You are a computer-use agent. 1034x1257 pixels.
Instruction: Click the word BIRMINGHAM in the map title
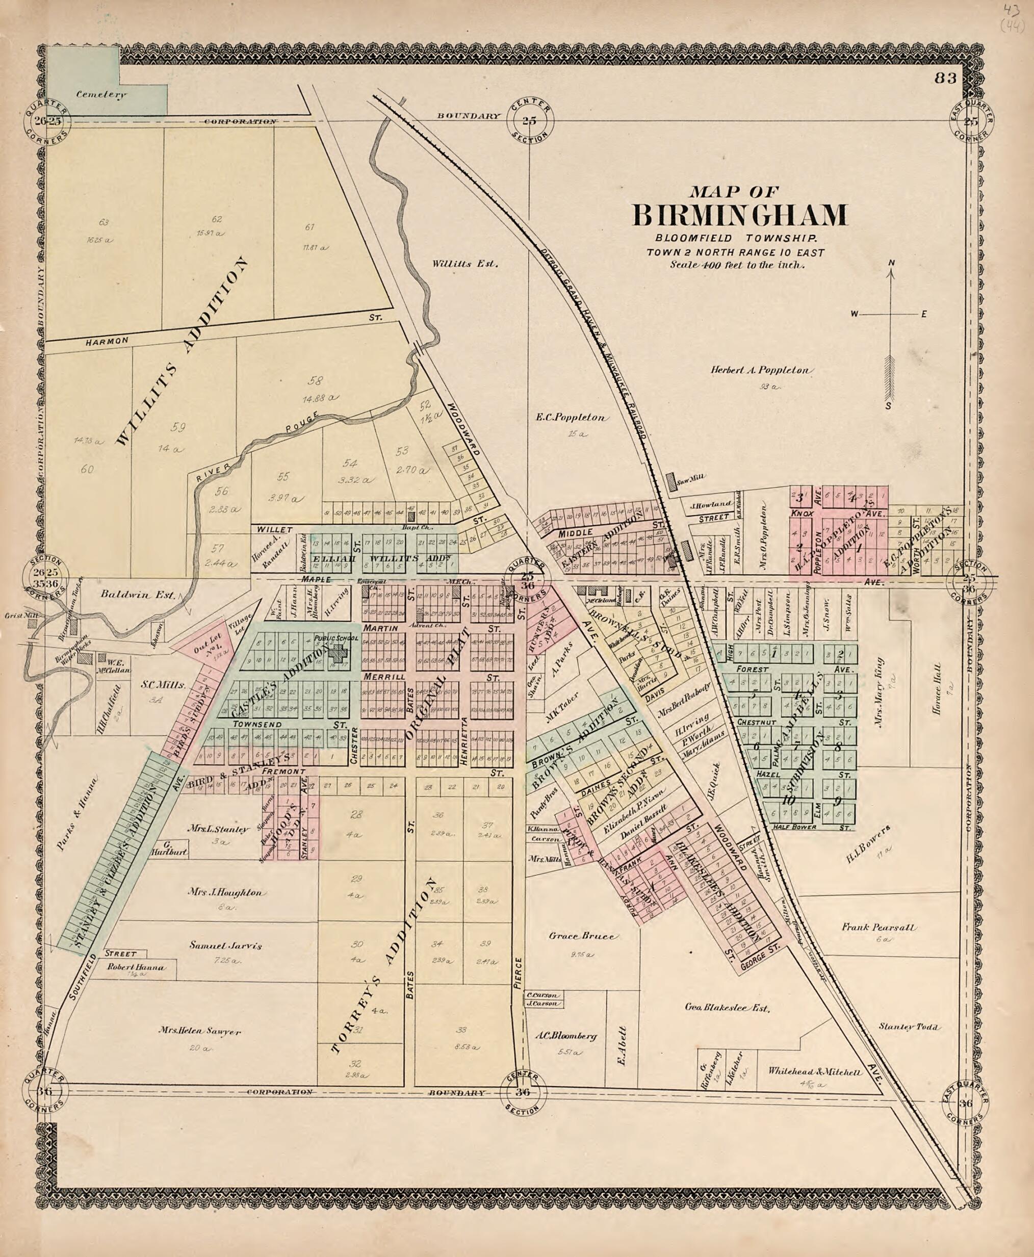tap(739, 216)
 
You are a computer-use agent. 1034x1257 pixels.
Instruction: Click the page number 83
tap(945, 78)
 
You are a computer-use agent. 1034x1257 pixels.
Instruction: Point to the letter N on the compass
tap(892, 263)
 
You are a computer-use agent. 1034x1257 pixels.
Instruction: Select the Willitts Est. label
tap(464, 263)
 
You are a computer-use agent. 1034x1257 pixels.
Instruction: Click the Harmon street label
tap(107, 341)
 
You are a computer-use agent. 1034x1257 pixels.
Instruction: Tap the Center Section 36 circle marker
tap(523, 1092)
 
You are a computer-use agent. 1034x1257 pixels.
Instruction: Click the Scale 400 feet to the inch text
tap(737, 265)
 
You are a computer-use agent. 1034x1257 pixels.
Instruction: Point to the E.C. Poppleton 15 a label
tap(572, 418)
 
